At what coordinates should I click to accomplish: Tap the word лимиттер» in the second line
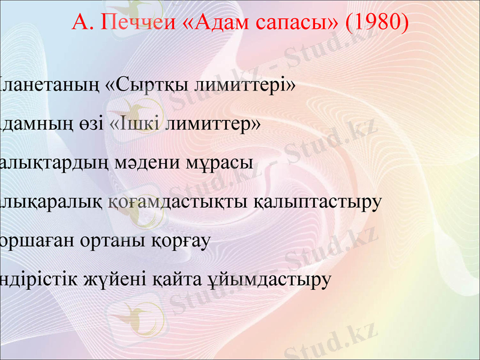tap(212, 124)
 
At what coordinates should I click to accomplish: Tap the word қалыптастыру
tap(318, 202)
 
